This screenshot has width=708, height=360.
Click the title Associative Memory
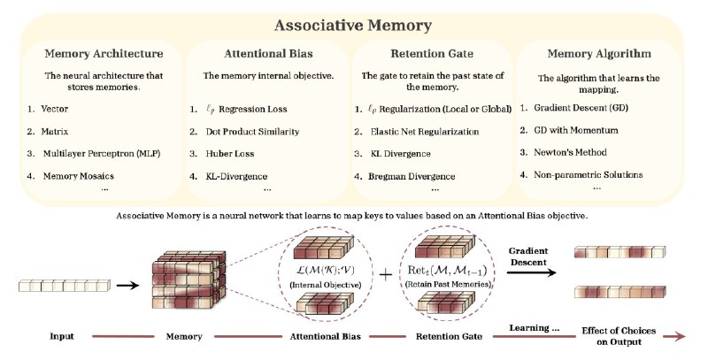point(352,26)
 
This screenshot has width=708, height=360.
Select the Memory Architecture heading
point(104,54)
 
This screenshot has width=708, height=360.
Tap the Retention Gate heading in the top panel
point(432,54)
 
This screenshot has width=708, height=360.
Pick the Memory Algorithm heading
point(599,54)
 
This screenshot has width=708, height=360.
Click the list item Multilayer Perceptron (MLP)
point(102,153)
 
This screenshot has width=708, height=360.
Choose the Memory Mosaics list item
point(79,176)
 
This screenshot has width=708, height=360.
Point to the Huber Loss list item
point(230,154)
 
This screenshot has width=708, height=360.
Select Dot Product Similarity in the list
point(252,132)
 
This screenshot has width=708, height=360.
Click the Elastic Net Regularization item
point(425,132)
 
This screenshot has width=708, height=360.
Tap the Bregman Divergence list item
point(412,176)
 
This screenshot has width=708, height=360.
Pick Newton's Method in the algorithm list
point(570,152)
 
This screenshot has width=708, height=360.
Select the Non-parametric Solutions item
point(588,174)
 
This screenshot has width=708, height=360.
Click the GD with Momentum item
point(576,130)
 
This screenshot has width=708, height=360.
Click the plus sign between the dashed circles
point(385,275)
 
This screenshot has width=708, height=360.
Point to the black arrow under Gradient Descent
point(532,272)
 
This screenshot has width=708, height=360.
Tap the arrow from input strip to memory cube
point(127,285)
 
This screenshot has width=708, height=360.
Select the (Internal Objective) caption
point(325,285)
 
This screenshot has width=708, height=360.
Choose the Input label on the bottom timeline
point(61,336)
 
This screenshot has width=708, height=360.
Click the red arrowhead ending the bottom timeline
point(681,336)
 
